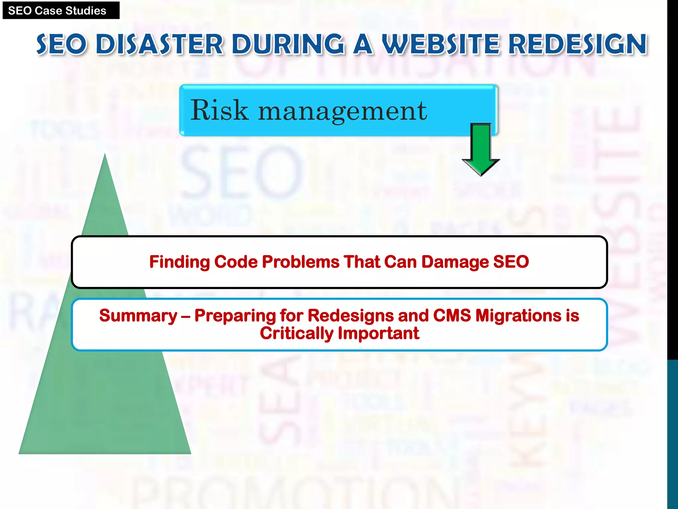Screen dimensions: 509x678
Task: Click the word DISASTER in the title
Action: [160, 44]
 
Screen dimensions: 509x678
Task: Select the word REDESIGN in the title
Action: [577, 44]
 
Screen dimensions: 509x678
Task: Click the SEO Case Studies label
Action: [57, 11]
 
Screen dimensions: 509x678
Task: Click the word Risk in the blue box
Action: [219, 110]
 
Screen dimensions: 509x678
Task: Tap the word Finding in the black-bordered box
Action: [179, 262]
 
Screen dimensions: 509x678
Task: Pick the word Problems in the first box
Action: [301, 262]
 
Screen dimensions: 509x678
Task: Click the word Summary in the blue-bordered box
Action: [138, 315]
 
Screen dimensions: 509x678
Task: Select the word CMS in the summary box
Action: [452, 315]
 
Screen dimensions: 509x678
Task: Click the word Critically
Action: [296, 333]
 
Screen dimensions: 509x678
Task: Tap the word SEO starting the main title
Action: [62, 44]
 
